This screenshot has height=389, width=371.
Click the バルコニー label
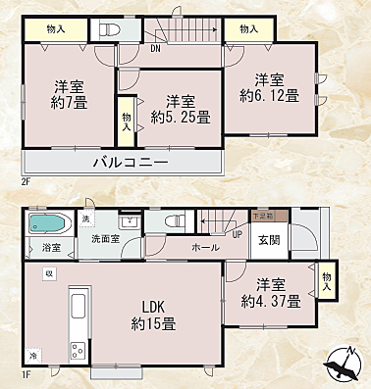pos(130,162)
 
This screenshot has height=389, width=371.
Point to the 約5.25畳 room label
pos(177,109)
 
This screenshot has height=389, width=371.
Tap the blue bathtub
pos(47,224)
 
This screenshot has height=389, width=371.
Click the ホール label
pos(205,248)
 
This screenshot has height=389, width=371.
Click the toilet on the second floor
pos(107,30)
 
